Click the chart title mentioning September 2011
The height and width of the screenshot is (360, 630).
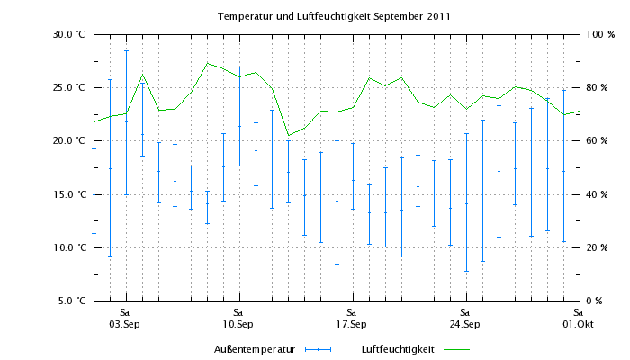334,16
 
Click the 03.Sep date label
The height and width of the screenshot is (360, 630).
124,324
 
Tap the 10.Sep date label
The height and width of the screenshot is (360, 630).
238,324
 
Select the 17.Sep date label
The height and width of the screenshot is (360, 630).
351,324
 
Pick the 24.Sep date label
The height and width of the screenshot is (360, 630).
464,324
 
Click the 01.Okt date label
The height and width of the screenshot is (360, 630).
578,324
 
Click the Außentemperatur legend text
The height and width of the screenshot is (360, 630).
255,348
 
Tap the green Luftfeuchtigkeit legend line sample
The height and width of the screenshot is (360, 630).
456,348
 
